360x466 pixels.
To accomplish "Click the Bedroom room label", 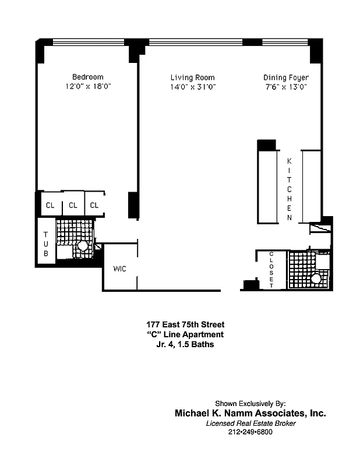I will pyautogui.click(x=87, y=77).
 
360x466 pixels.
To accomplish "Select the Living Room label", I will pyautogui.click(x=192, y=77).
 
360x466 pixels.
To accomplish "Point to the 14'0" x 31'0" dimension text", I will pyautogui.click(x=192, y=87).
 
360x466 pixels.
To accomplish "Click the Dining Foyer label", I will pyautogui.click(x=285, y=77).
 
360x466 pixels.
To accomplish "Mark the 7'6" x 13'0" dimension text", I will pyautogui.click(x=285, y=87).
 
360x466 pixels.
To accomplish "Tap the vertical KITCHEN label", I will pyautogui.click(x=290, y=188).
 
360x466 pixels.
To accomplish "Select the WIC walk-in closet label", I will pyautogui.click(x=120, y=269).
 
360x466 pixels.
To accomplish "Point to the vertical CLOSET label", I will pyautogui.click(x=271, y=269).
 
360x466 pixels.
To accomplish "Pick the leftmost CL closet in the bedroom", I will pyautogui.click(x=50, y=205).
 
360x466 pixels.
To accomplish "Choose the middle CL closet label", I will pyautogui.click(x=73, y=205).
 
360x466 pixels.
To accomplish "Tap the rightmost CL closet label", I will pyautogui.click(x=94, y=205).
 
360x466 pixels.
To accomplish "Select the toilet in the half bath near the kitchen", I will pyautogui.click(x=316, y=278).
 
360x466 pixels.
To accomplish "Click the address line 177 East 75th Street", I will pyautogui.click(x=185, y=324).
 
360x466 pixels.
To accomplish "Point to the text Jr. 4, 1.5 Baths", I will pyautogui.click(x=185, y=344).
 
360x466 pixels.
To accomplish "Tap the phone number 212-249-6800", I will pyautogui.click(x=250, y=432).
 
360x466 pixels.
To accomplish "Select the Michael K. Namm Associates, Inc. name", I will pyautogui.click(x=250, y=413).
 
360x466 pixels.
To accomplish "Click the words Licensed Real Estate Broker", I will pyautogui.click(x=250, y=423).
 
